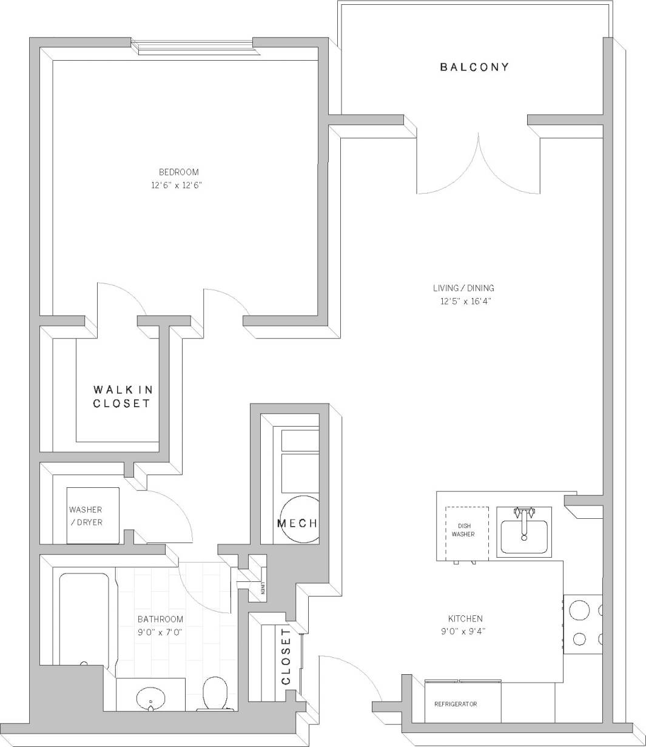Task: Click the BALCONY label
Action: click(474, 67)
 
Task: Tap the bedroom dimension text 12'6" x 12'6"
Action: click(175, 186)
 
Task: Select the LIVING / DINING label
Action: click(463, 288)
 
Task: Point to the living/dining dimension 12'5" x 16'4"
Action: click(465, 302)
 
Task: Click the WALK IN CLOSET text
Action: click(122, 396)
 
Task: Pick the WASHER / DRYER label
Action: click(86, 516)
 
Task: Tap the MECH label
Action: click(297, 524)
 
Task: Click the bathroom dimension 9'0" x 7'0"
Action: click(160, 632)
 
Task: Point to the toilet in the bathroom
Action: click(215, 694)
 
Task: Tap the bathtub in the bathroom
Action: click(84, 619)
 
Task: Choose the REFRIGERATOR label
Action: click(456, 704)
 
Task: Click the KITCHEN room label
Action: click(465, 618)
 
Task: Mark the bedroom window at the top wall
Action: click(192, 47)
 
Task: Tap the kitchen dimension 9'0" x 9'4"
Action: click(465, 631)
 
